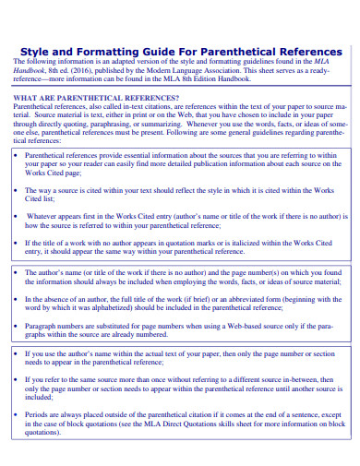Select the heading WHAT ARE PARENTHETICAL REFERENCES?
click(x=97, y=97)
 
